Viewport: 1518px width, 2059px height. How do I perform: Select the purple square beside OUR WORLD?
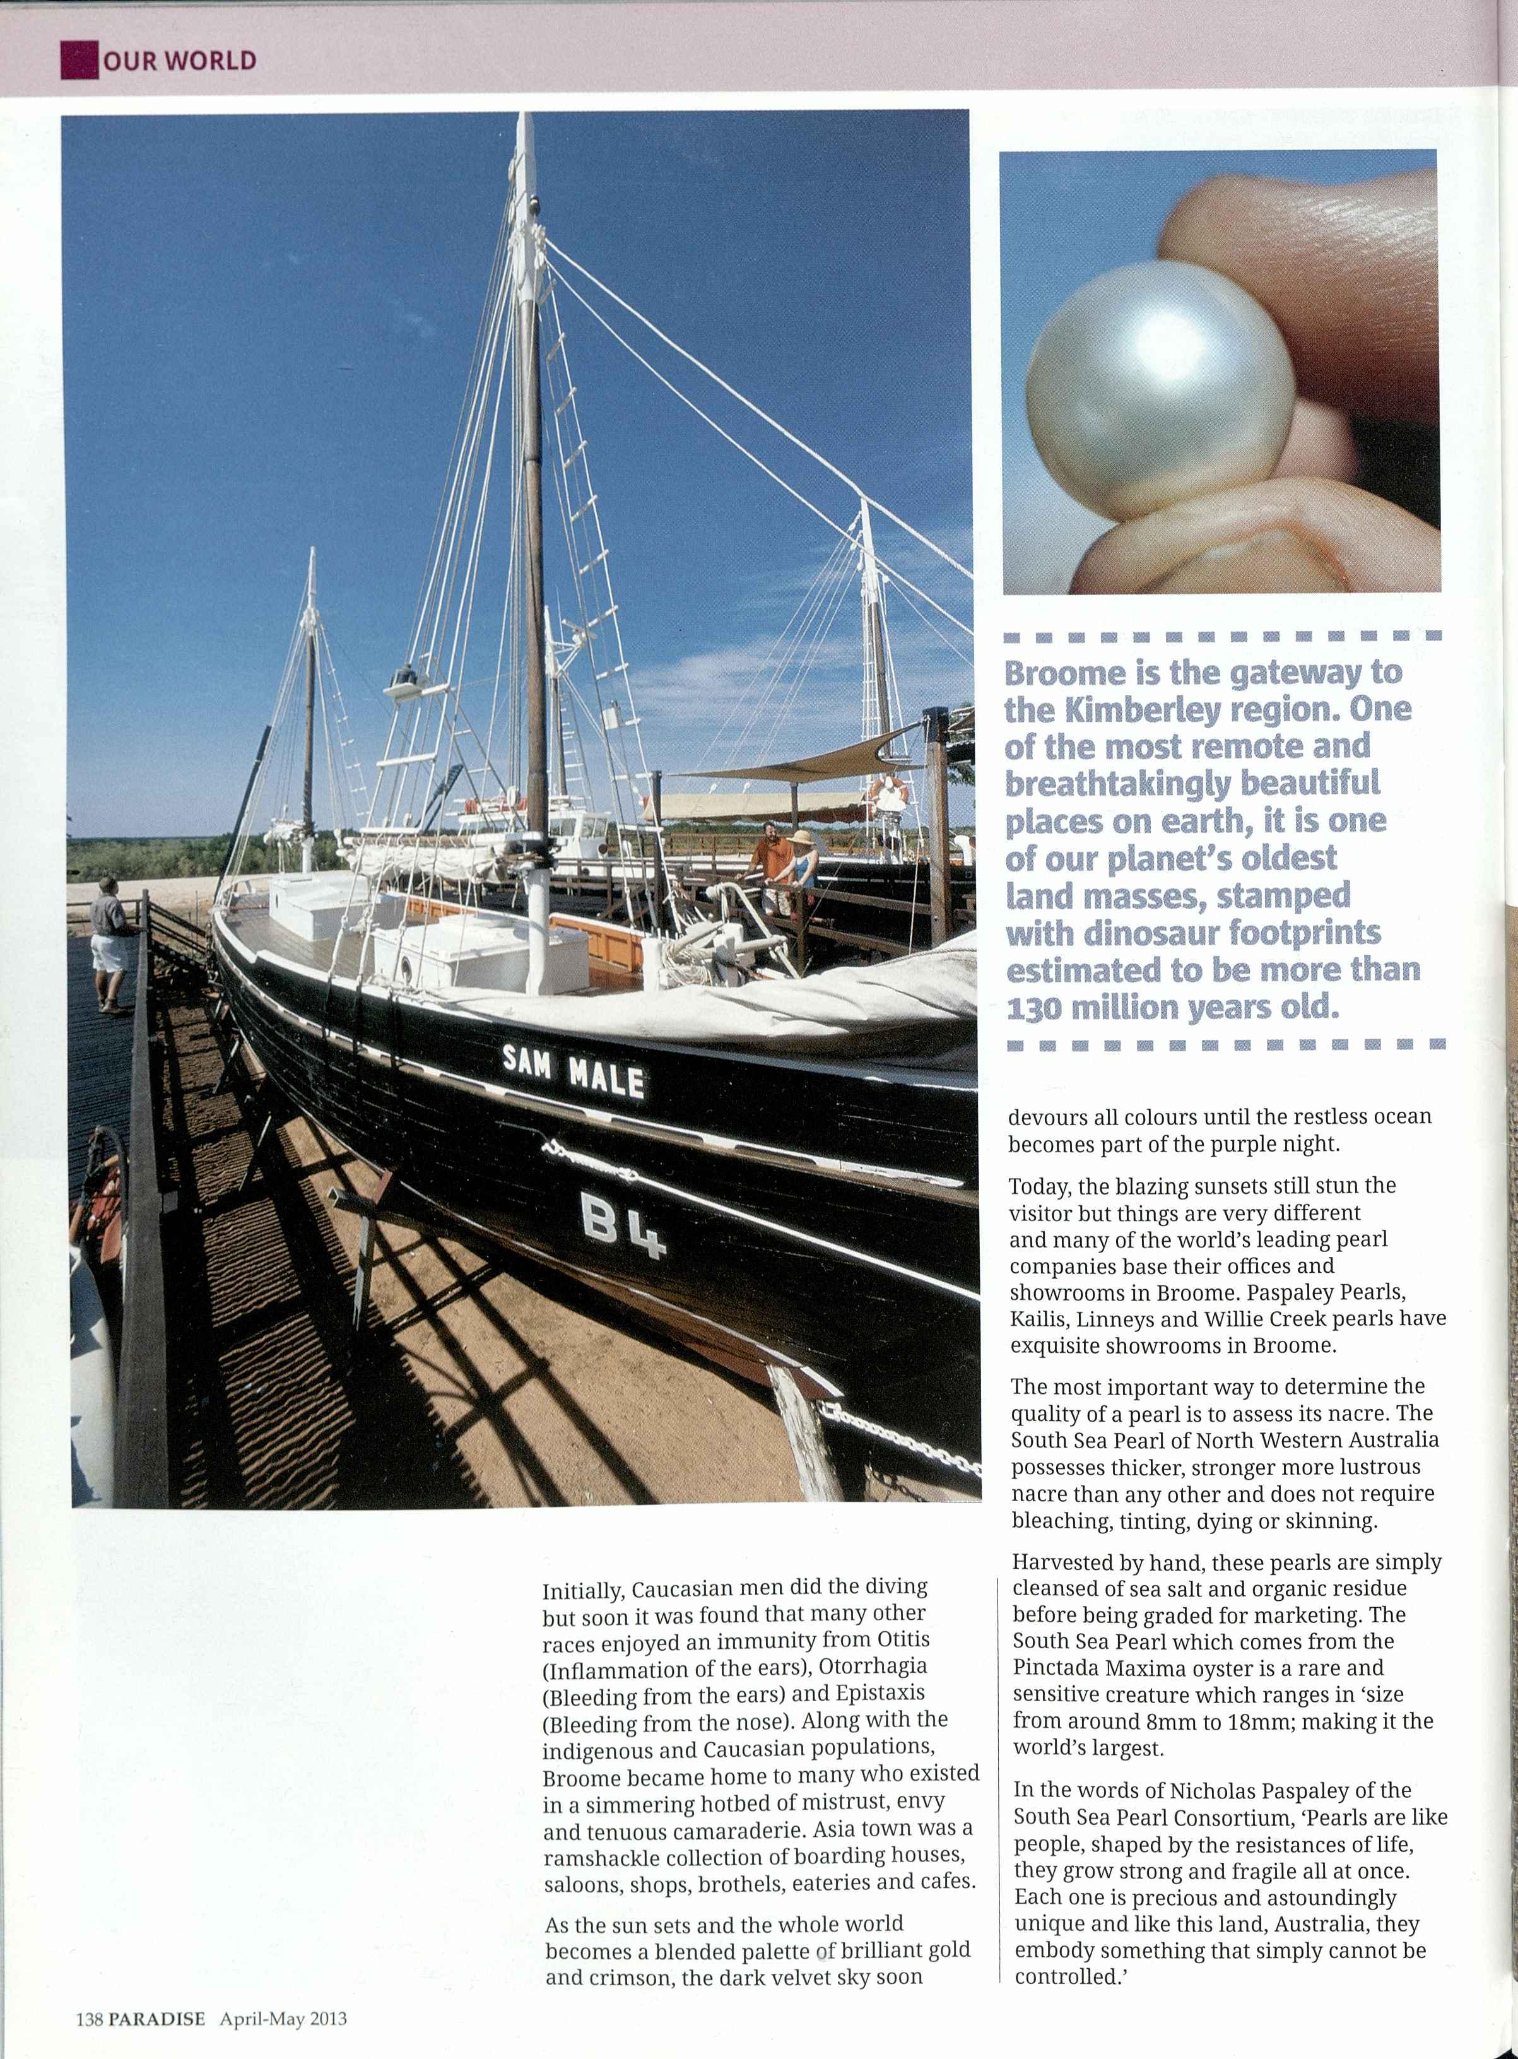[79, 61]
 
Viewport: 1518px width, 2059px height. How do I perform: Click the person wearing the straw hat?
[801, 864]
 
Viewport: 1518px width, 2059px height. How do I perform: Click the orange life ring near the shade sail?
[888, 793]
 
